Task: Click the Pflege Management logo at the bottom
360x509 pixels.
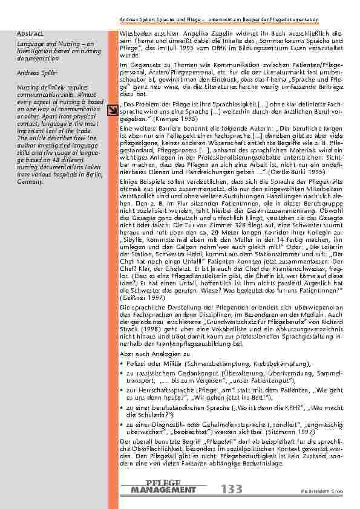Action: click(163, 487)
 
